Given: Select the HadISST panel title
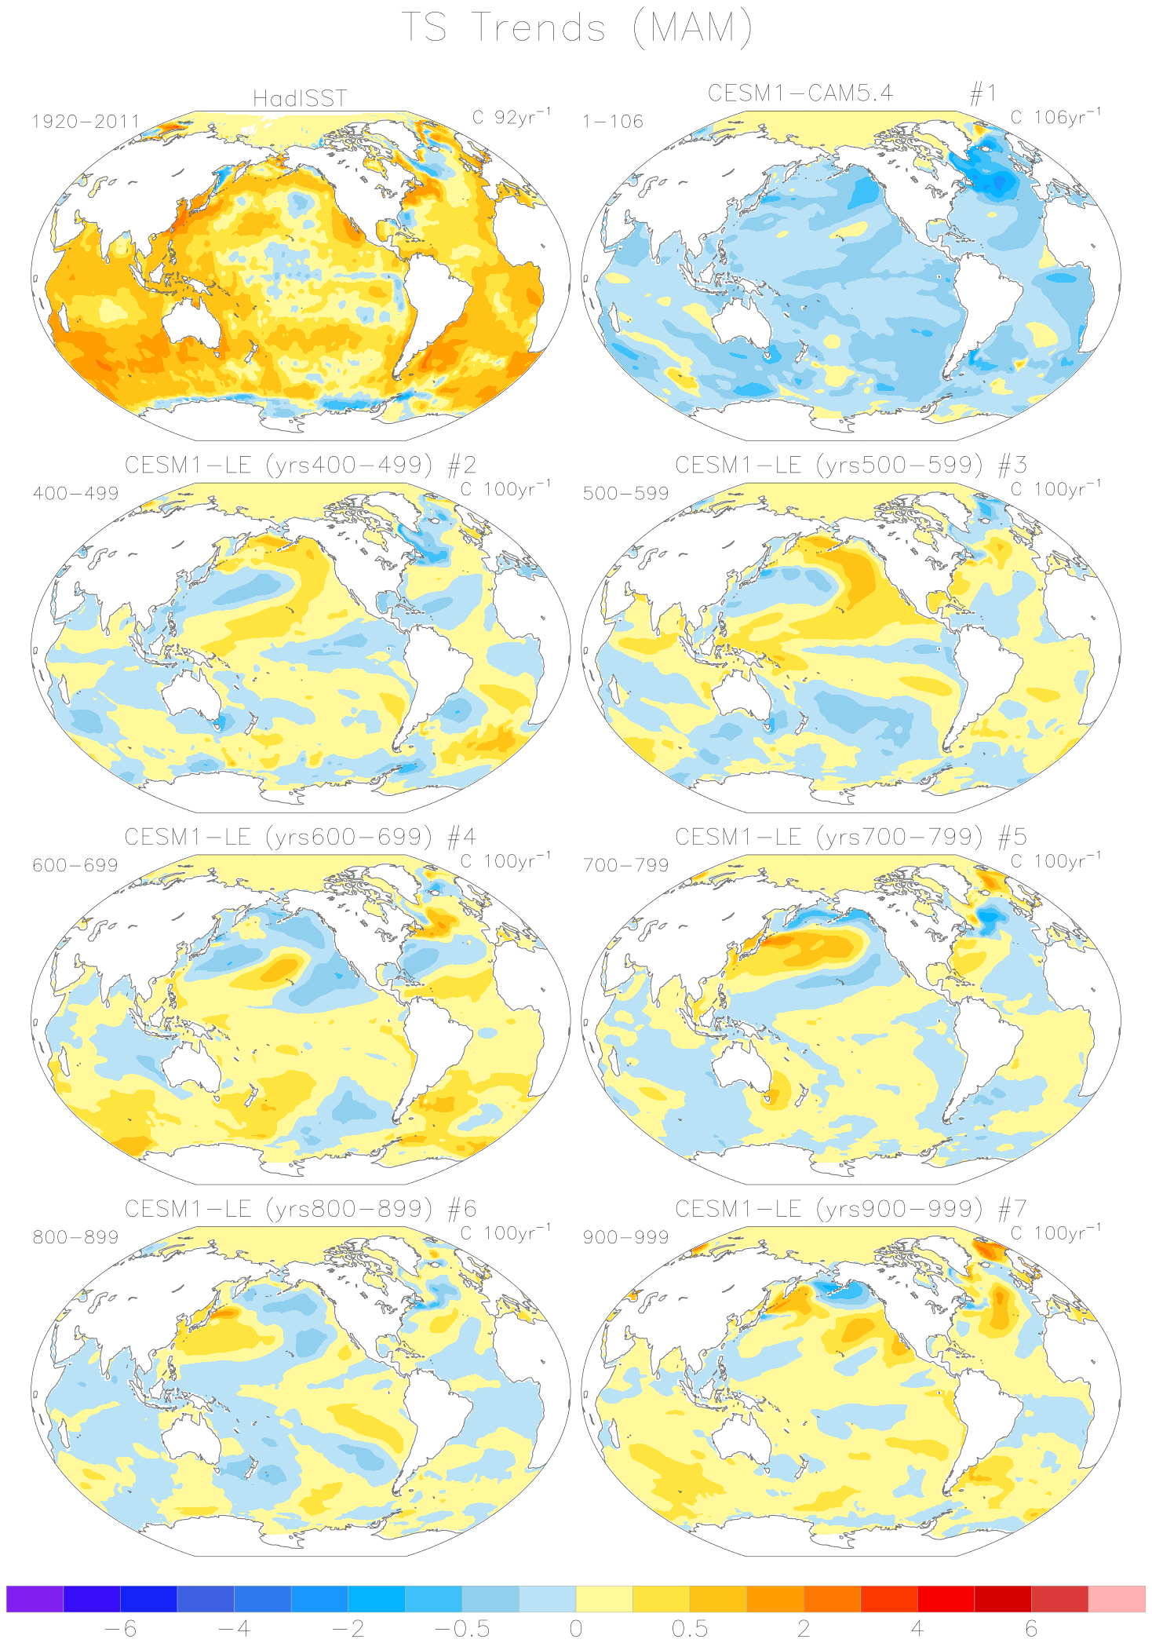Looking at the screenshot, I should click(300, 98).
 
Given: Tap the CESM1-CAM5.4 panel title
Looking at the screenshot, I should click(800, 93).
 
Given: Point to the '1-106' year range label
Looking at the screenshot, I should click(613, 122).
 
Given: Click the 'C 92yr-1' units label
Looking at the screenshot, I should click(512, 117).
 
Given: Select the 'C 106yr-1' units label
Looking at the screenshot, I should click(1055, 117).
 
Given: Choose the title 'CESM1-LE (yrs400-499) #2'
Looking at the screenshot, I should click(300, 465).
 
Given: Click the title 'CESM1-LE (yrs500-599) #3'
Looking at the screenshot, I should click(851, 465).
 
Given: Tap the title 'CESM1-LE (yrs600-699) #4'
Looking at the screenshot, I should click(300, 837).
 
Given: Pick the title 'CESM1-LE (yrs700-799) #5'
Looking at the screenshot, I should click(851, 837).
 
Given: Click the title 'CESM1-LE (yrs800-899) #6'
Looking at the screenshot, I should click(300, 1209).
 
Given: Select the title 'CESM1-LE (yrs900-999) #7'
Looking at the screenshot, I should click(851, 1209).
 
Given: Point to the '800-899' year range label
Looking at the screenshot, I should click(75, 1237).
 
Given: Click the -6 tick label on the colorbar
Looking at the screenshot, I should click(120, 1628).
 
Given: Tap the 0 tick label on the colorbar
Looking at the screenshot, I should click(576, 1628).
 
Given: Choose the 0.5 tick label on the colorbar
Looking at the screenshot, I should click(690, 1628).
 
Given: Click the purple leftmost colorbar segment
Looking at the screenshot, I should click(35, 1598).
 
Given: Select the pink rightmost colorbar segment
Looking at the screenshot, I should click(1117, 1598).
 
